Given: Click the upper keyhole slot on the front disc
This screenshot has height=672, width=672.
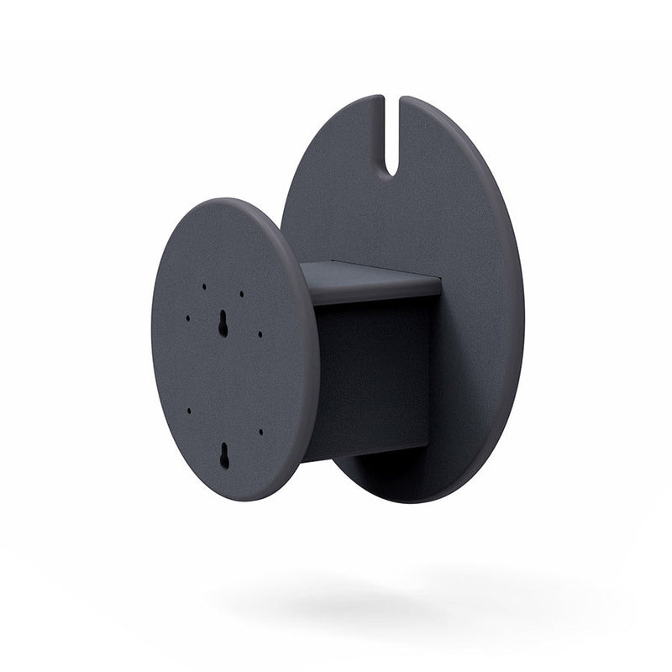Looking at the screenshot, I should point(223,324).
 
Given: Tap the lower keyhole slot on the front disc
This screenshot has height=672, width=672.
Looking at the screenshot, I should point(224,454).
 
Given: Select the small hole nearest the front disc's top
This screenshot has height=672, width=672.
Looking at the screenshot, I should point(203,286).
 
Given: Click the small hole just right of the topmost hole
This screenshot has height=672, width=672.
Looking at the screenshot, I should point(241,295).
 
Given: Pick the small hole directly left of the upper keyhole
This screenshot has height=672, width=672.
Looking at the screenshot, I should point(187,318).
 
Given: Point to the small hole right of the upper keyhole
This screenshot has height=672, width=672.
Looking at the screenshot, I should point(260,333).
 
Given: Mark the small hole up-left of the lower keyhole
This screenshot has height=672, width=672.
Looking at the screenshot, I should point(189,411).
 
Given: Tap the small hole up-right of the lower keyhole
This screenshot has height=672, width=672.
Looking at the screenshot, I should point(261,432).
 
